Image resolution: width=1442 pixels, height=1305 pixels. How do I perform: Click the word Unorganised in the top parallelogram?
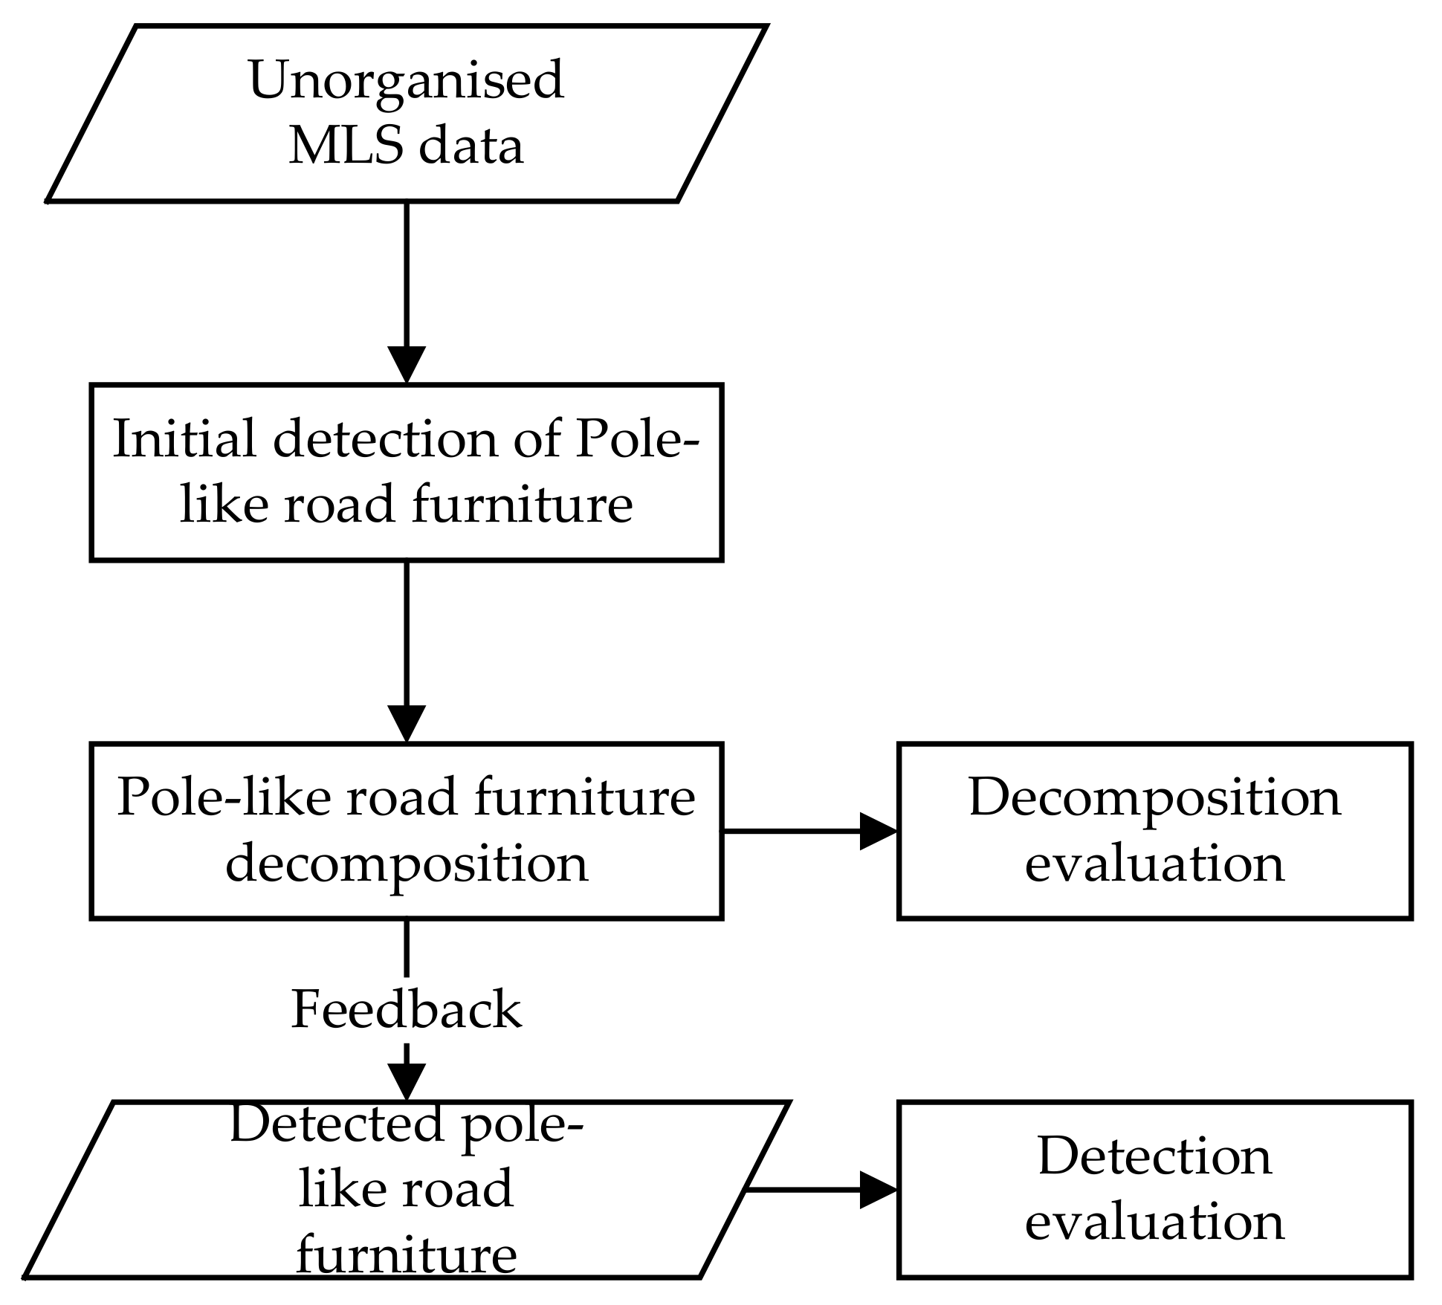tap(405, 80)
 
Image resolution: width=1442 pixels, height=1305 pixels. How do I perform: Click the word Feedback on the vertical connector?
tap(406, 1009)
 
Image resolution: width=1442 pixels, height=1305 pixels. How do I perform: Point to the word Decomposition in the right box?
tap(1154, 798)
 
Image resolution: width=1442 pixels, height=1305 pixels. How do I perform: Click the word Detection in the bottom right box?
tap(1154, 1157)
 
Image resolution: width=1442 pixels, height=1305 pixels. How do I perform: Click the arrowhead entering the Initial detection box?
tap(407, 365)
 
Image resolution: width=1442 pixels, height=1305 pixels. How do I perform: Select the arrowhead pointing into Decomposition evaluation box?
tap(878, 831)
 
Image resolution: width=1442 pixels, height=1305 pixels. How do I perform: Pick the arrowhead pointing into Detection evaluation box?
tap(878, 1190)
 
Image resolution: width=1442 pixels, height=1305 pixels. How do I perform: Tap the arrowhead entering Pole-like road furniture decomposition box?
tap(407, 724)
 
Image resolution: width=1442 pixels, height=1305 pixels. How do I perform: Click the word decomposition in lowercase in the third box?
tap(407, 864)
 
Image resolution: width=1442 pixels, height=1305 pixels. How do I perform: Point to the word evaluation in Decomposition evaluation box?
tap(1154, 864)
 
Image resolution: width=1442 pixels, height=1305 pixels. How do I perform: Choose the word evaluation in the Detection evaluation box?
tap(1154, 1223)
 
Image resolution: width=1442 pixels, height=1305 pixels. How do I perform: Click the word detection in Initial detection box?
tap(385, 439)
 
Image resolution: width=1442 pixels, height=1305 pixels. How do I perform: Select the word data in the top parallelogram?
tap(471, 145)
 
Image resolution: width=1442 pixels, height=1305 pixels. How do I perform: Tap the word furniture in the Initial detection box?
tap(522, 505)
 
